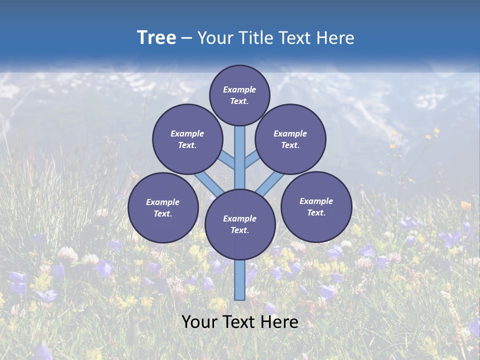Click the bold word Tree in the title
[156, 38]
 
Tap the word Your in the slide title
[214, 38]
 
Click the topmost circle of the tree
[239, 95]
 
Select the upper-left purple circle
[187, 139]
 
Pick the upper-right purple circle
[290, 139]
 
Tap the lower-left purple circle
[163, 207]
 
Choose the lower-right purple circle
[316, 206]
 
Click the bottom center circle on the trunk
[240, 224]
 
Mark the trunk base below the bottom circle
[240, 280]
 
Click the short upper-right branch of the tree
[252, 159]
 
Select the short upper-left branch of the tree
[227, 159]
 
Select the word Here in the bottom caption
[281, 322]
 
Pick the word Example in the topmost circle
[239, 90]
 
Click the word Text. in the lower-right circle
[316, 212]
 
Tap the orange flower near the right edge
[466, 205]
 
